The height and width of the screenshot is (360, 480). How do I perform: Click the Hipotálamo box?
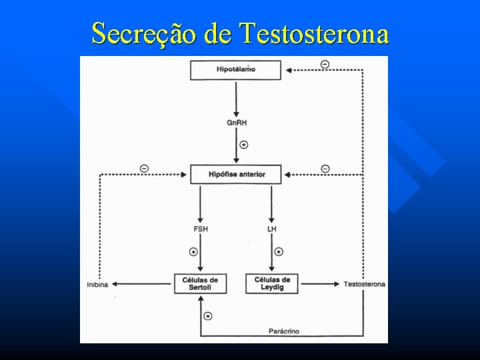[235, 70]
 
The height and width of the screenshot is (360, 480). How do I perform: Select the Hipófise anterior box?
[235, 174]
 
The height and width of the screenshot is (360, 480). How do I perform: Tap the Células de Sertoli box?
[200, 283]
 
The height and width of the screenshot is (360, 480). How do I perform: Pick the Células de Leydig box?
[272, 283]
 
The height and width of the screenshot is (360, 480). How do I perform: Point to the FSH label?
[200, 229]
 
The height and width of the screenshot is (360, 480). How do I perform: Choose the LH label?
[272, 229]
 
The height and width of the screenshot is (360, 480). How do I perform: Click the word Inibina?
[97, 285]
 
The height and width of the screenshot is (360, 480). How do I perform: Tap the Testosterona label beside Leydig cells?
[364, 284]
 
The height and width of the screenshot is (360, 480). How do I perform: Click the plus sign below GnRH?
[243, 144]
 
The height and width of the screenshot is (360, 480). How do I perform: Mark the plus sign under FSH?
[193, 251]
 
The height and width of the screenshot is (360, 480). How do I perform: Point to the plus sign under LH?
[279, 251]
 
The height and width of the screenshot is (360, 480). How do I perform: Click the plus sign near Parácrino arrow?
[208, 315]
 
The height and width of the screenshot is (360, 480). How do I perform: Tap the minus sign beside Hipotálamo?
[325, 64]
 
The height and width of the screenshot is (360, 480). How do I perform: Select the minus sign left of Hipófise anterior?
[145, 168]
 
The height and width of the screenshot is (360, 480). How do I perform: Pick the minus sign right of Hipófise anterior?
[325, 168]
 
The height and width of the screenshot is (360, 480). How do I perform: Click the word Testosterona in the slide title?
[315, 33]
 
